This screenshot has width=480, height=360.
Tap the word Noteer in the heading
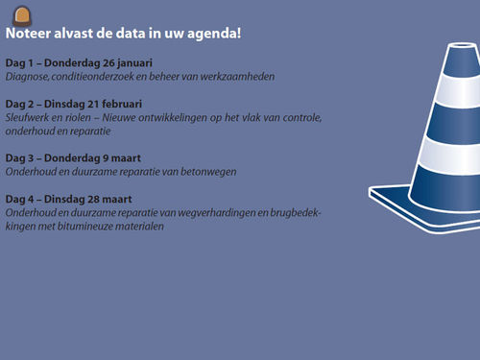(30, 33)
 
